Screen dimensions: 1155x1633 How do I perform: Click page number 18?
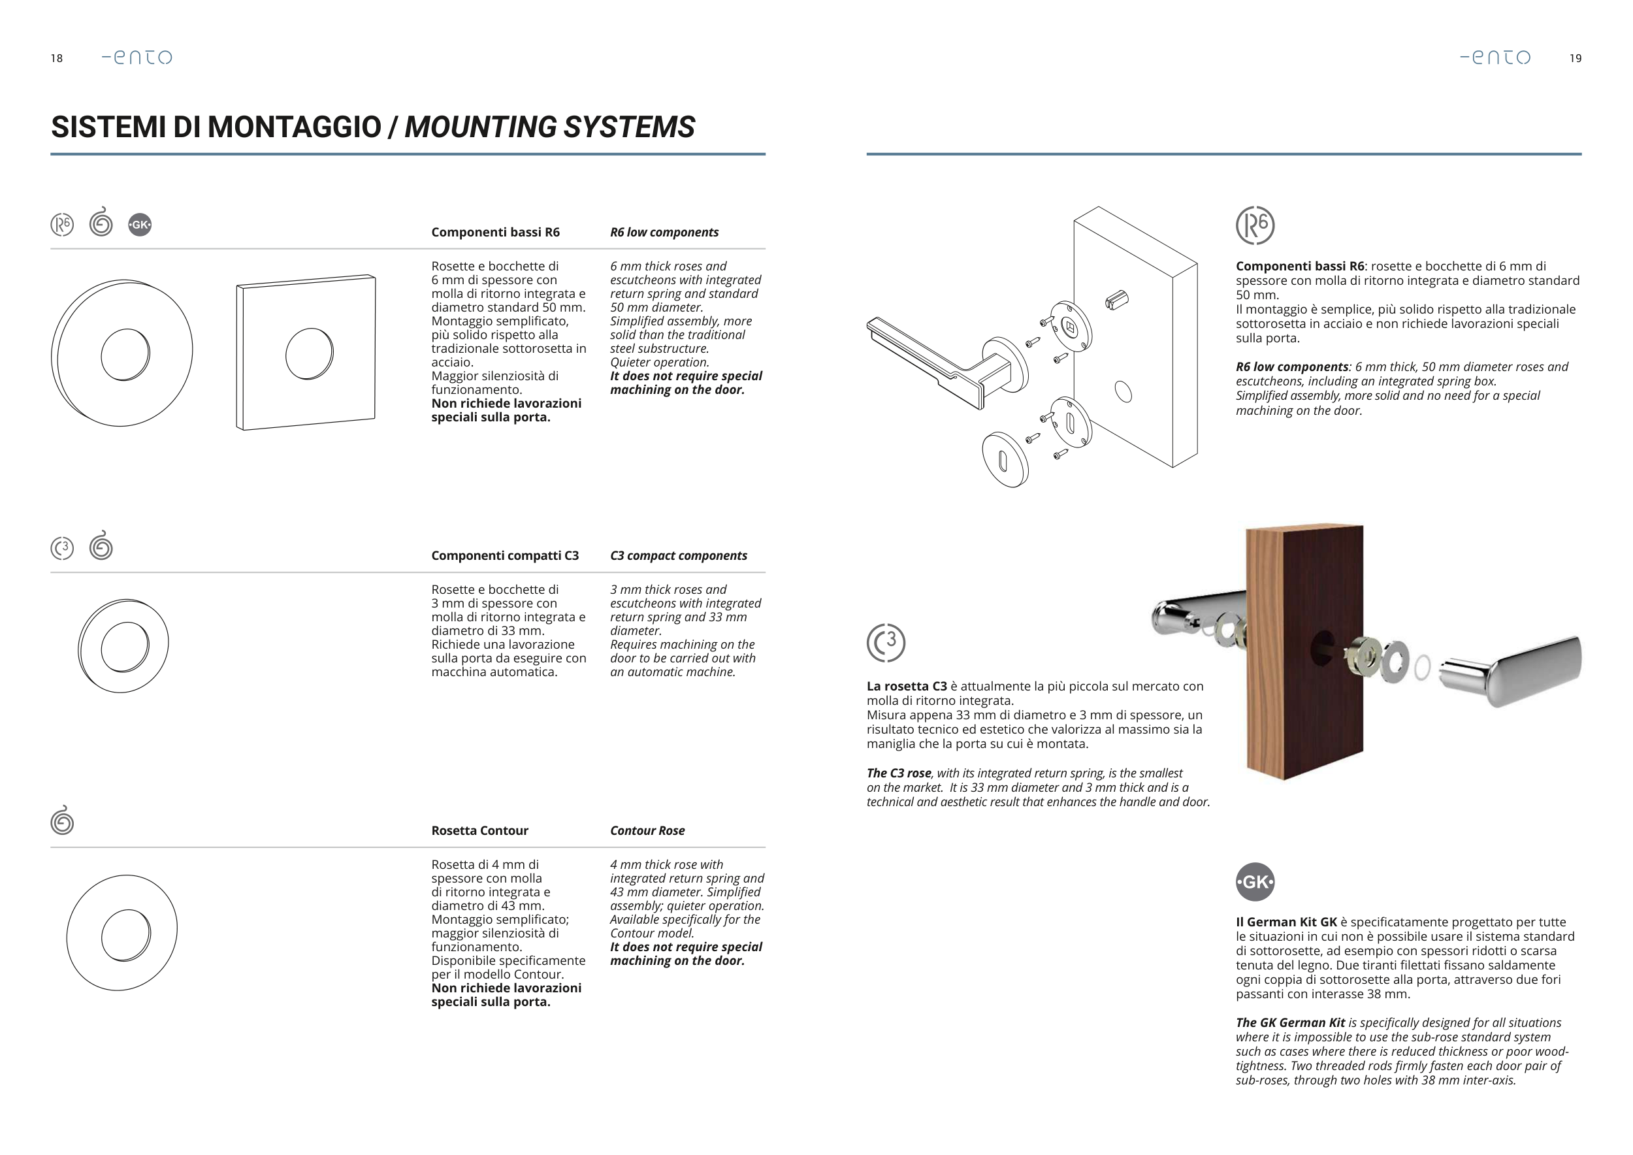(x=57, y=58)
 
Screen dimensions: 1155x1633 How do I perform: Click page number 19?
(x=1576, y=58)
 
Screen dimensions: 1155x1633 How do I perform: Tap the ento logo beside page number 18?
(x=137, y=57)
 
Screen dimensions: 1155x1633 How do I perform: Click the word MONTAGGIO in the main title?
(x=295, y=127)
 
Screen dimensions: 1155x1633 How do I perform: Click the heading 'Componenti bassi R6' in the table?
(x=495, y=233)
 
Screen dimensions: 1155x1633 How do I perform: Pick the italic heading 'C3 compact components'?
(x=678, y=555)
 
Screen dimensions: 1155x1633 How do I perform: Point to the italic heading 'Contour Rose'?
(x=647, y=831)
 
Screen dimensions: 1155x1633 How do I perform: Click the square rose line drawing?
(x=306, y=353)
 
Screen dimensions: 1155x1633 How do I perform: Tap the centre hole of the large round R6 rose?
(x=125, y=354)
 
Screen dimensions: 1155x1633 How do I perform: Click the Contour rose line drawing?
(x=122, y=932)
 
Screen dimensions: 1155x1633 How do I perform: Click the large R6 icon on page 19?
(x=1255, y=225)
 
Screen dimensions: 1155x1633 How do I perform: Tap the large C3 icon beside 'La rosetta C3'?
(x=886, y=643)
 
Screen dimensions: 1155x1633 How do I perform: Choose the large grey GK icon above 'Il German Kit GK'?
(x=1255, y=882)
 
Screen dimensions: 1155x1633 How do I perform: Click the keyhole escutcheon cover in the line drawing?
(x=1005, y=460)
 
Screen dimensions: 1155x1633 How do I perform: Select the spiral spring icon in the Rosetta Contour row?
(x=63, y=821)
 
